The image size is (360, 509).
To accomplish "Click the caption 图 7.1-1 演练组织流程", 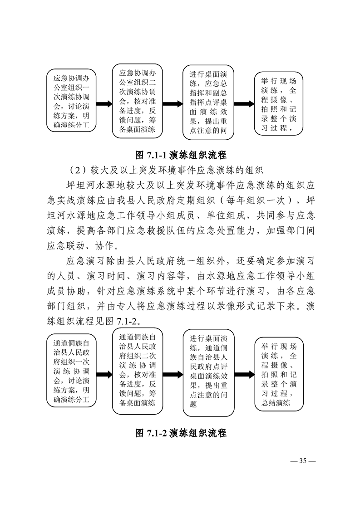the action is tap(181, 155).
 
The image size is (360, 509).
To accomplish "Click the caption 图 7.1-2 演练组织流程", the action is tap(181, 433).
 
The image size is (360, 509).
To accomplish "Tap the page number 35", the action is tap(302, 461).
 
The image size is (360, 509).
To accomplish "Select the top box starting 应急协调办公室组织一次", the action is tap(71, 101).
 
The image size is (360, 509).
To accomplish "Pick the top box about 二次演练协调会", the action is tap(138, 101).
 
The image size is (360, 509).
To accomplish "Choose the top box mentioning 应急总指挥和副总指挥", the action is tap(208, 102).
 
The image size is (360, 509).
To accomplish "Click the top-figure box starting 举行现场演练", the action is tap(278, 104).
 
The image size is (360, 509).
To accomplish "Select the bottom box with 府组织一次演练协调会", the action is tap(71, 372).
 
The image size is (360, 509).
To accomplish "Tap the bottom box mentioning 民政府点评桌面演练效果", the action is tap(208, 372).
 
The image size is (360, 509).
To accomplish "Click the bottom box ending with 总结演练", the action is tap(279, 374).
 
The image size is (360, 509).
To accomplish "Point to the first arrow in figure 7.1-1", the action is tap(104, 104).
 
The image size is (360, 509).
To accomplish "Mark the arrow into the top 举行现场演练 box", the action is tap(244, 104).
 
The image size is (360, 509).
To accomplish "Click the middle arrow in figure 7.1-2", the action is tap(173, 375).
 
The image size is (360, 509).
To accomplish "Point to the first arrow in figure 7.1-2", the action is tap(104, 375).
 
